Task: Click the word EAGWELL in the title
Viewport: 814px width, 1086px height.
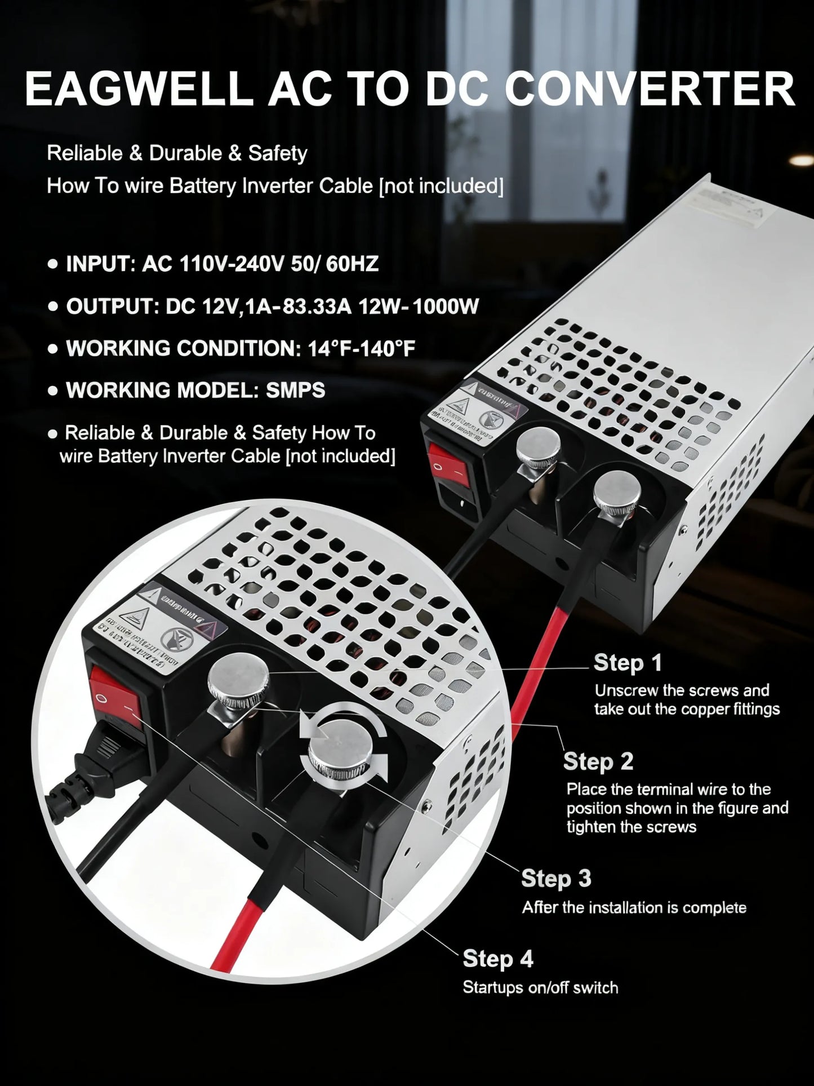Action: click(x=139, y=89)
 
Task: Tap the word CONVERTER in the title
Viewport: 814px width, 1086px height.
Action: click(x=650, y=89)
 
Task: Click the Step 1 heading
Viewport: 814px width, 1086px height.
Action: click(x=628, y=663)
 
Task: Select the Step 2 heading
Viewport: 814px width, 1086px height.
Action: click(x=598, y=761)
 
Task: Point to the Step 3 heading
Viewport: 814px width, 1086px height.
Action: click(x=556, y=879)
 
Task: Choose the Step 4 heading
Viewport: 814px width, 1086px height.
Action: click(x=498, y=959)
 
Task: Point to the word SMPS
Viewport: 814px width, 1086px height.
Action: click(x=295, y=390)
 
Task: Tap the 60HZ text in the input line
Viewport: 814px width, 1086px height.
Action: click(x=352, y=264)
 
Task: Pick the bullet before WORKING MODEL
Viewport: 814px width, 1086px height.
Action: click(x=53, y=391)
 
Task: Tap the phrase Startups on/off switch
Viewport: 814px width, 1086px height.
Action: click(x=540, y=987)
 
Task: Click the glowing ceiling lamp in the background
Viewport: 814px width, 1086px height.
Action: click(x=800, y=160)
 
